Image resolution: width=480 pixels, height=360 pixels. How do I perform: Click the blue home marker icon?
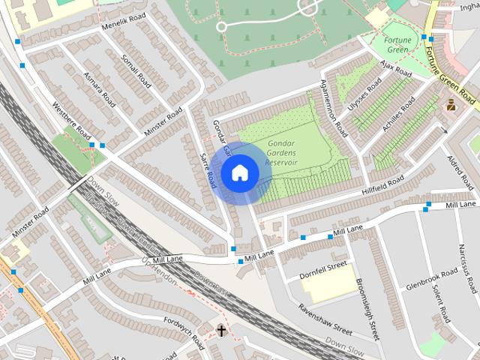tap(239, 172)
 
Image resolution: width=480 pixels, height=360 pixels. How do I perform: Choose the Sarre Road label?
tap(209, 168)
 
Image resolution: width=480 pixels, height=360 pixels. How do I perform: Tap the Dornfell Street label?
tap(323, 266)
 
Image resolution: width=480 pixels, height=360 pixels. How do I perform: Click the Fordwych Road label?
tap(182, 331)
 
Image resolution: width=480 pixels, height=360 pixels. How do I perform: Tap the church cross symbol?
tap(221, 329)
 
